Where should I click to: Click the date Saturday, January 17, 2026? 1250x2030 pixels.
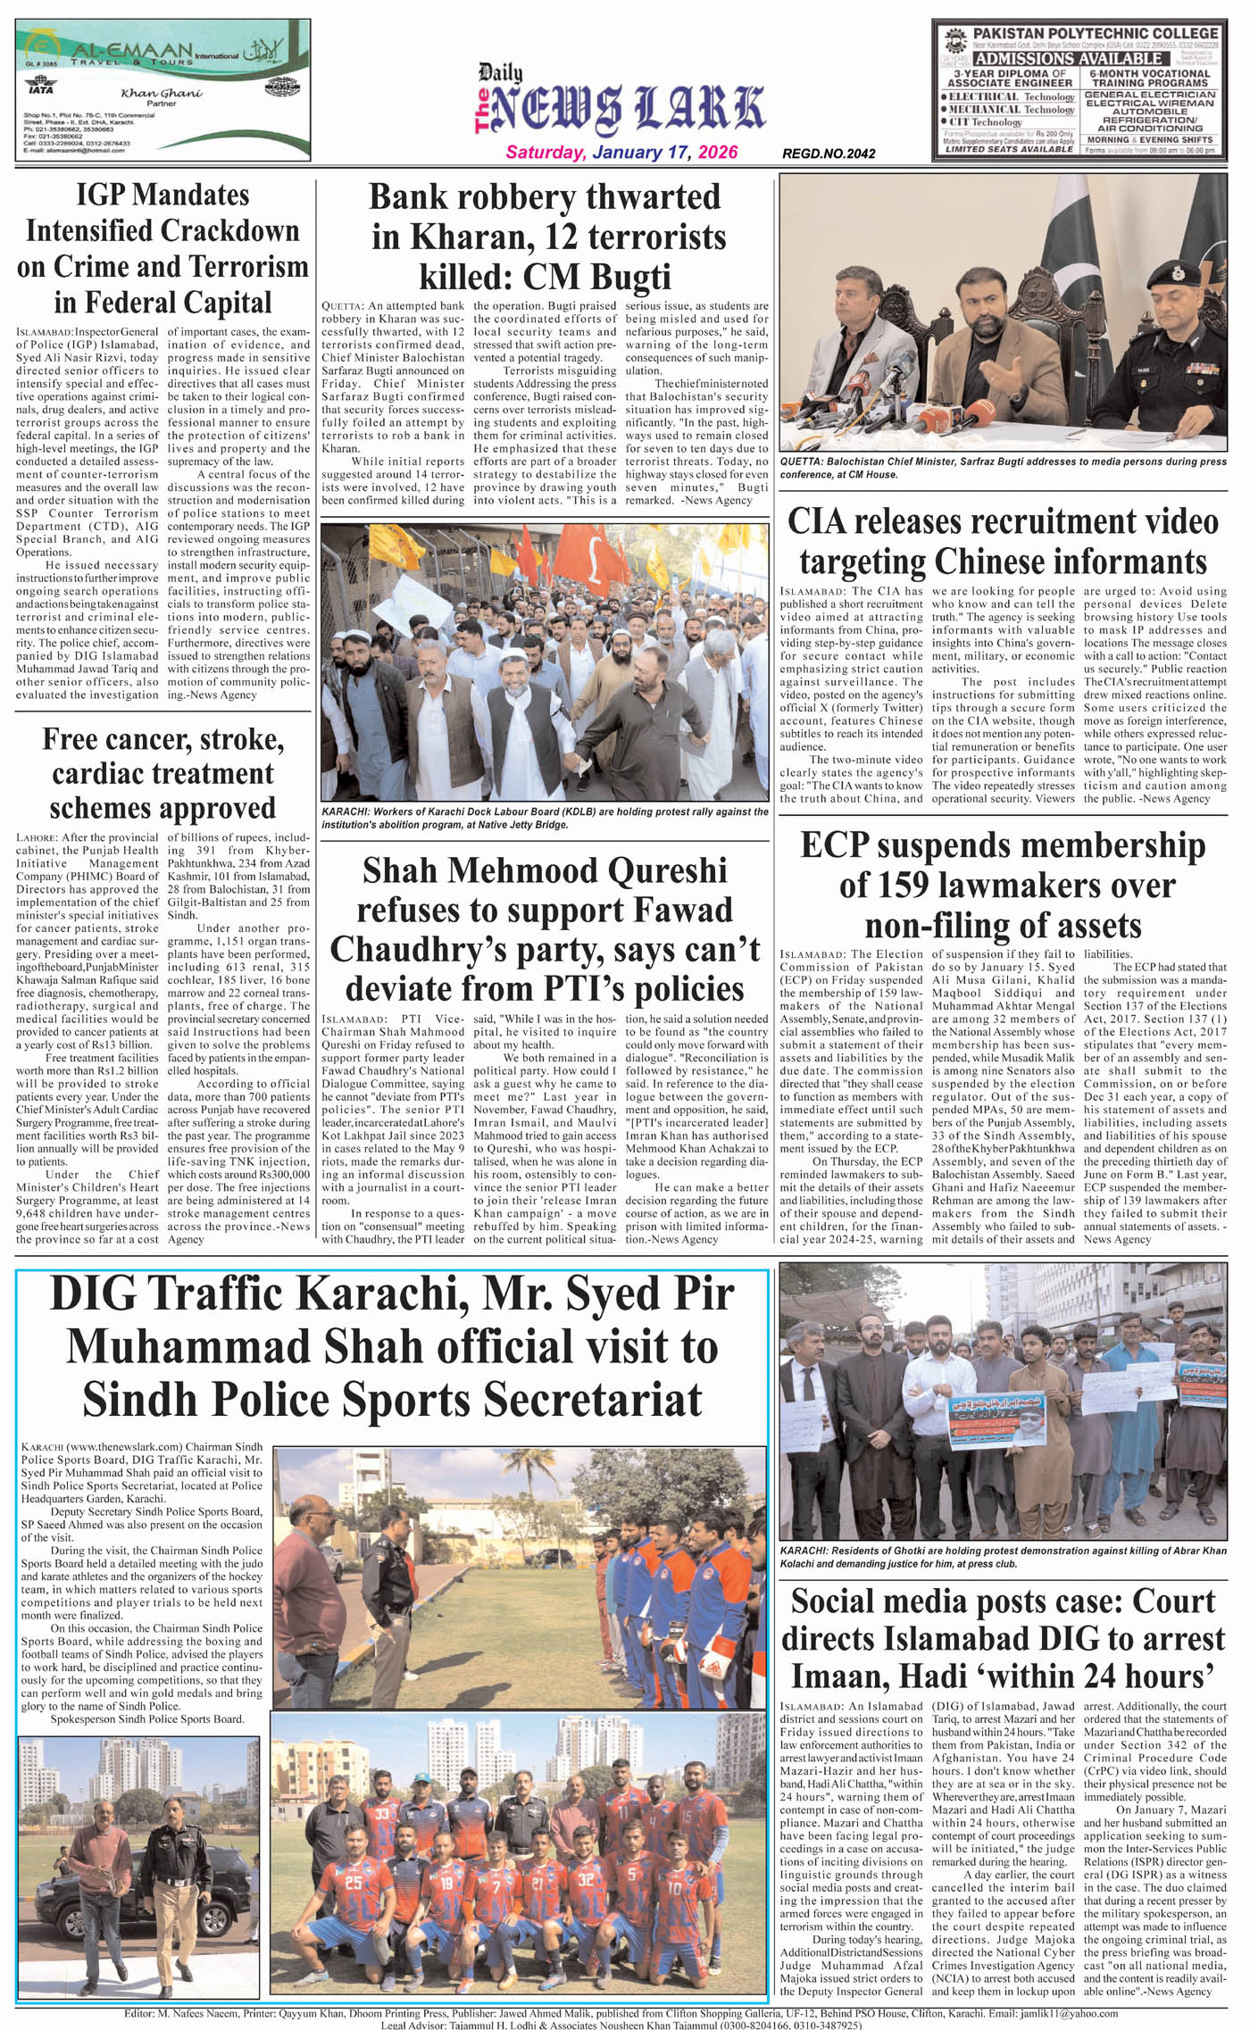tap(621, 152)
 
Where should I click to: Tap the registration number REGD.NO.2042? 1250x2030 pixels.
tap(828, 154)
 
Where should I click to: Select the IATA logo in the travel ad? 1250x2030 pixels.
tap(40, 88)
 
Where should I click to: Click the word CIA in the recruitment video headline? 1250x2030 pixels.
tap(818, 522)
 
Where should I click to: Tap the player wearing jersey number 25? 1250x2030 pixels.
tap(353, 1884)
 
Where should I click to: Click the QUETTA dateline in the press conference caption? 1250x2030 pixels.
tap(802, 462)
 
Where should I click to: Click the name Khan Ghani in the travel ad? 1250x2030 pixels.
tap(162, 93)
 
